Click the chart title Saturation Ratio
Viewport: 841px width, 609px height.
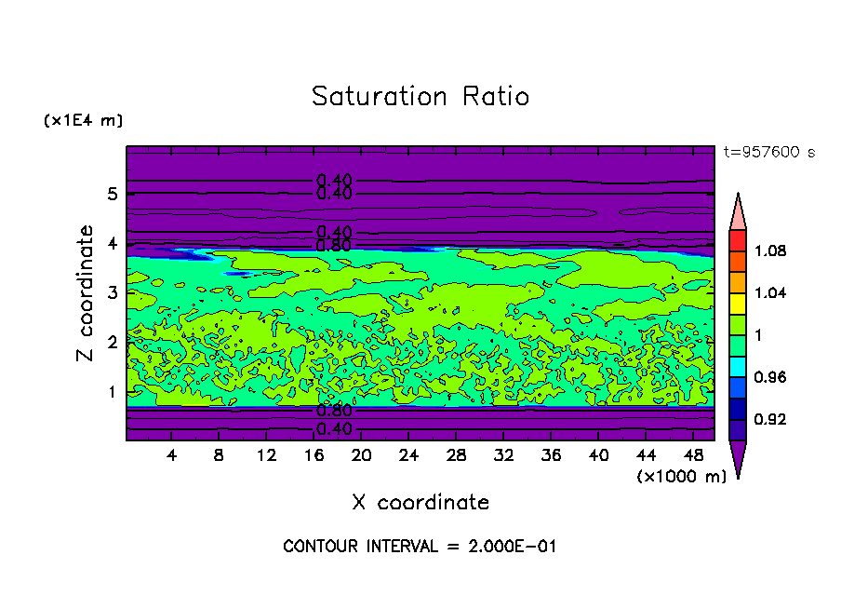click(420, 97)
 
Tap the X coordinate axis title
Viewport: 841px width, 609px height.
click(420, 503)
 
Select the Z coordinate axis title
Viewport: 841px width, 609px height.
click(86, 293)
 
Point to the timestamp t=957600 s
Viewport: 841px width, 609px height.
click(769, 153)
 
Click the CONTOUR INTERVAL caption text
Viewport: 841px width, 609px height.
click(420, 547)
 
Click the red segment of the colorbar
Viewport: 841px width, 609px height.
click(737, 240)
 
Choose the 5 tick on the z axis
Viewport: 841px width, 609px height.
click(113, 194)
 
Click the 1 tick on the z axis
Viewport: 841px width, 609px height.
click(113, 391)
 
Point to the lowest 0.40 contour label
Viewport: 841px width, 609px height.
click(333, 429)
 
